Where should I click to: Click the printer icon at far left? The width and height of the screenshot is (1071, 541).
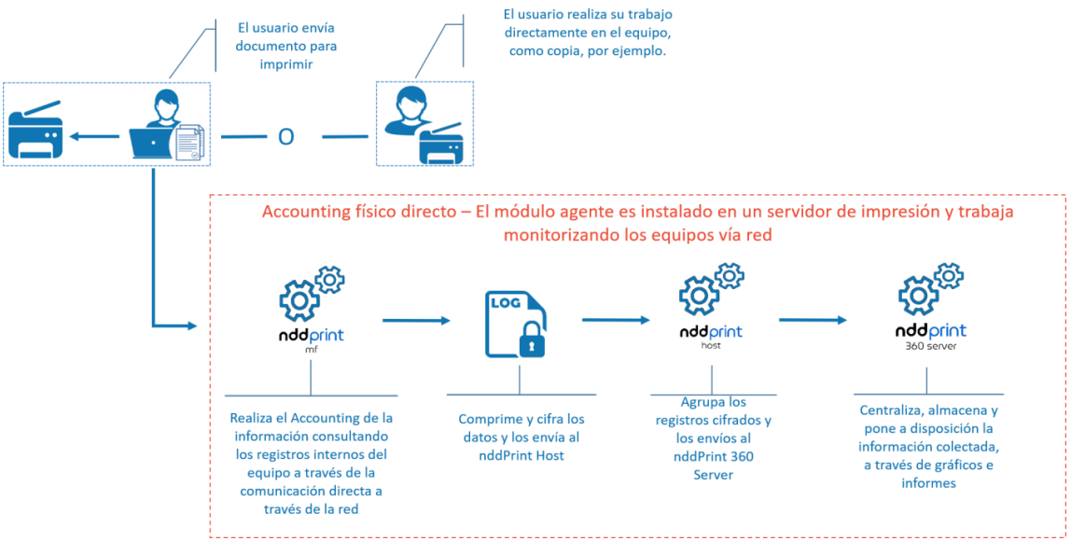35,134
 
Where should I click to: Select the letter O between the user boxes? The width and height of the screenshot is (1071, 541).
286,136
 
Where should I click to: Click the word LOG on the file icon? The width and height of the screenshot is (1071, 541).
502,304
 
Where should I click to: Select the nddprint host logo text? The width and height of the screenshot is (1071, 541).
711,332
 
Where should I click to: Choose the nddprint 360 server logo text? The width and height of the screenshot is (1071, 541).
930,331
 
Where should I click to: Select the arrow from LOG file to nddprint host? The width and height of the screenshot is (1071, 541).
616,320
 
